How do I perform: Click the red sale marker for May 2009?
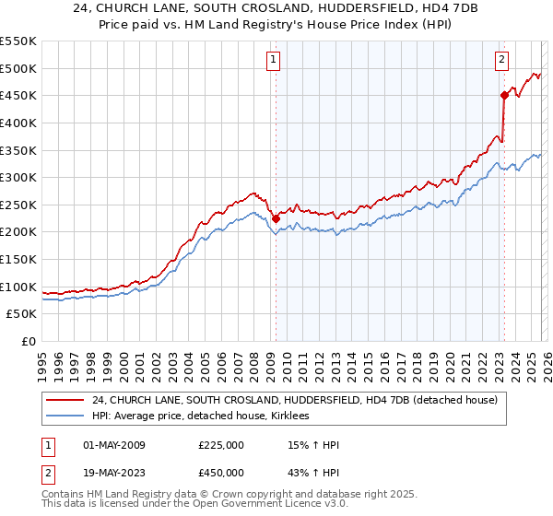pyautogui.click(x=276, y=218)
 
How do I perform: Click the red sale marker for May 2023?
pyautogui.click(x=504, y=95)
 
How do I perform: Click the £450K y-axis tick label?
pyautogui.click(x=18, y=95)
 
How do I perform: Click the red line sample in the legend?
pyautogui.click(x=66, y=400)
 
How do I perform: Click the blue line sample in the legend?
pyautogui.click(x=66, y=416)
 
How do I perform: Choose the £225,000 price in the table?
pyautogui.click(x=221, y=446)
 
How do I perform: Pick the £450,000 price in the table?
pyautogui.click(x=221, y=473)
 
